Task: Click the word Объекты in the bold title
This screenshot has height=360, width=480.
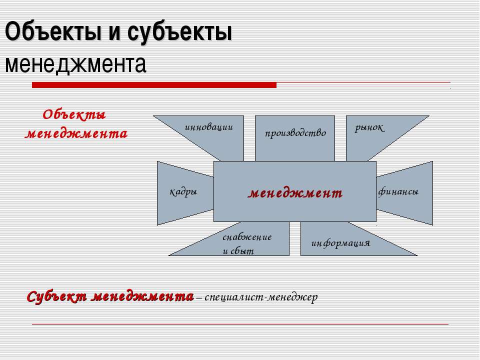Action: point(53,31)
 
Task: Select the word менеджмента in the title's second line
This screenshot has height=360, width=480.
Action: point(75,65)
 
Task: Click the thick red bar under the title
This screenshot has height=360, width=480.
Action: point(154,85)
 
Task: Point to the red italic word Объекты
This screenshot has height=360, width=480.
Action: point(74,115)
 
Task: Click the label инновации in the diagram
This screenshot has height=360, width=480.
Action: point(209,126)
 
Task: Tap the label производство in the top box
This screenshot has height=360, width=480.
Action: point(295,133)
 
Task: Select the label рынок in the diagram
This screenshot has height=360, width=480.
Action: point(369,127)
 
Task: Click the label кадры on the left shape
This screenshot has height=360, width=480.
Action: point(183,192)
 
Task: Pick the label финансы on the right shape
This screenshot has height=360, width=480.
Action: point(398,192)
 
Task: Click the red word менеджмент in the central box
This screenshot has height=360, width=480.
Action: point(295,193)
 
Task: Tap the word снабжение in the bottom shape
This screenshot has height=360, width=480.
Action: point(247,236)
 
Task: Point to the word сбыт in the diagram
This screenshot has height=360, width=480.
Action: point(242,251)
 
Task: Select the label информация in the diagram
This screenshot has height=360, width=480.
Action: point(340,243)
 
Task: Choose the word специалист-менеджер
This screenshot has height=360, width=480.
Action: point(261,297)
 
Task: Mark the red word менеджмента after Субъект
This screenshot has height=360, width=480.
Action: point(142,296)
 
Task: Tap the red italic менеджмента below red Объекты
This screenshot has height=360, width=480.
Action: point(76,134)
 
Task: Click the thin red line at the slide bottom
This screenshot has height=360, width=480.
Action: point(240,324)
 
